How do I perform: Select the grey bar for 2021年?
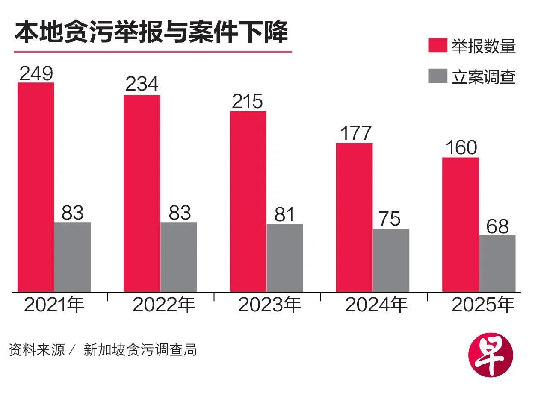(x=72, y=257)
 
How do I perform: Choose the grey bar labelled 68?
(x=497, y=263)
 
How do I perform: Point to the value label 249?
(x=36, y=73)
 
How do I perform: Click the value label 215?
(x=248, y=102)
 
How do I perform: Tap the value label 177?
(x=355, y=133)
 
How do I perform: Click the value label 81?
(x=284, y=214)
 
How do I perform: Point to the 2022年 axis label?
(x=164, y=305)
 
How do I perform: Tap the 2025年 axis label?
(x=483, y=305)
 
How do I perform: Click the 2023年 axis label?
(x=269, y=305)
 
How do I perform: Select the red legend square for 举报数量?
(x=437, y=45)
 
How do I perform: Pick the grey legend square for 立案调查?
(x=437, y=76)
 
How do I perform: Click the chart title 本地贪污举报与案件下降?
(x=151, y=32)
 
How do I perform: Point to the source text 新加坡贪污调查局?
(x=140, y=350)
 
